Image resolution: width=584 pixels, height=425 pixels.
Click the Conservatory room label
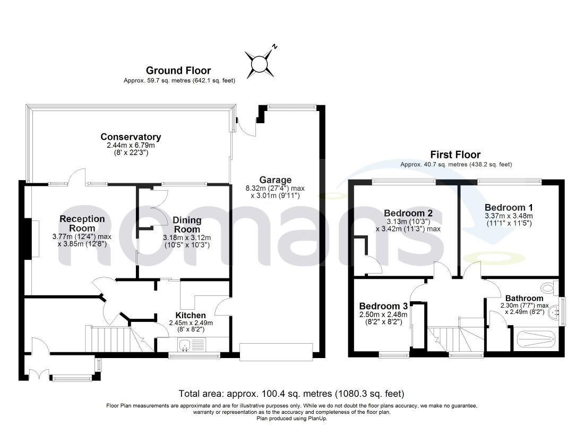(x=131, y=137)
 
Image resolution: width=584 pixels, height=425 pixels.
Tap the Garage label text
(x=275, y=180)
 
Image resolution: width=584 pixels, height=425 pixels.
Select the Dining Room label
(x=187, y=225)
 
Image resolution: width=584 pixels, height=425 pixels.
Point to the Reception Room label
(x=82, y=223)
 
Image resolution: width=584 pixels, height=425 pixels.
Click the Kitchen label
(x=191, y=316)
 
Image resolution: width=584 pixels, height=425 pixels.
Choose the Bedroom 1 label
(x=509, y=207)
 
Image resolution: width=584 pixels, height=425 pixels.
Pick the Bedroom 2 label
(x=408, y=213)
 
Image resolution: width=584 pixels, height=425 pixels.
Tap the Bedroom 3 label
(x=383, y=306)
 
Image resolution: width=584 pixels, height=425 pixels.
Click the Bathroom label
(x=524, y=298)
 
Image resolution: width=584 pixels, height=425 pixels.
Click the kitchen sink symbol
(x=192, y=344)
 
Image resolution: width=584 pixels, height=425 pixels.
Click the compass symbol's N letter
(x=274, y=47)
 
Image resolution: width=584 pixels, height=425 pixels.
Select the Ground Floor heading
(x=178, y=71)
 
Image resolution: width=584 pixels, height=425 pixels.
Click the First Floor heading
(x=456, y=155)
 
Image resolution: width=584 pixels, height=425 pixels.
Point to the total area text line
(x=291, y=393)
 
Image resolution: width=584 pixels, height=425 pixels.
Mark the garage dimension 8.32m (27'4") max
(x=275, y=188)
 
